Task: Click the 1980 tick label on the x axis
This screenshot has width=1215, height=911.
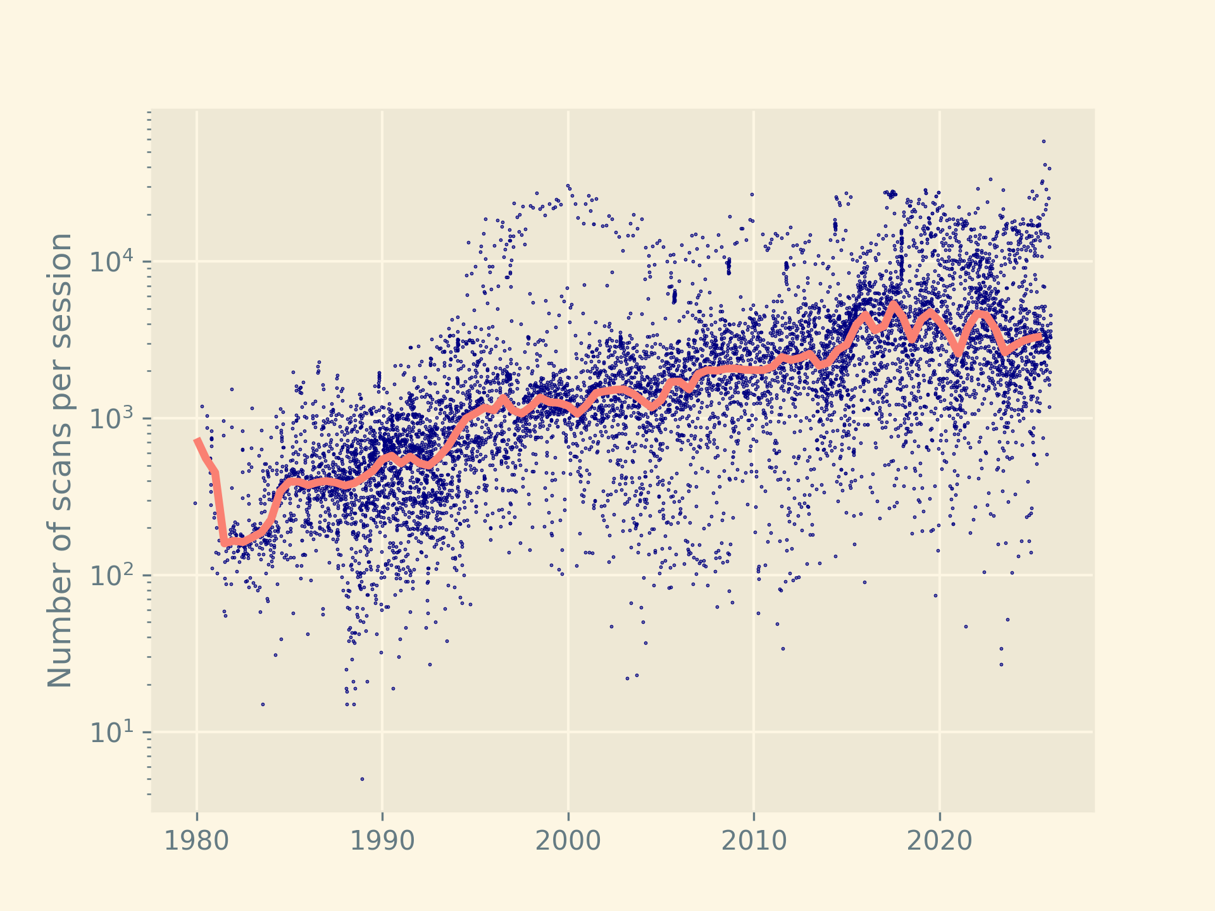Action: pyautogui.click(x=196, y=841)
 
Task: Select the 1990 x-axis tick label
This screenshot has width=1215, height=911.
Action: pyautogui.click(x=382, y=841)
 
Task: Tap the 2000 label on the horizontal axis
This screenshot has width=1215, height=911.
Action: pyautogui.click(x=568, y=841)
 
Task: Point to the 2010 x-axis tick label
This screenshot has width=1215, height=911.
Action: pyautogui.click(x=754, y=841)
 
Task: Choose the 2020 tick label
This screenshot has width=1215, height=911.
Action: pyautogui.click(x=939, y=841)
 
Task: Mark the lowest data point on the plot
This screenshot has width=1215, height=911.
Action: pyautogui.click(x=362, y=779)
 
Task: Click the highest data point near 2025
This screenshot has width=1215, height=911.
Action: pyautogui.click(x=1044, y=141)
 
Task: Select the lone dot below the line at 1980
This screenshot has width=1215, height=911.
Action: pyautogui.click(x=195, y=503)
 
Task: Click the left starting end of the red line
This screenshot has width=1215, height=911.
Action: pyautogui.click(x=197, y=439)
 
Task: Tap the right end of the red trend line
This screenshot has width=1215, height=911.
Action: pyautogui.click(x=1042, y=337)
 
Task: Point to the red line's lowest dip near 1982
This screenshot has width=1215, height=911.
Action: pyautogui.click(x=225, y=543)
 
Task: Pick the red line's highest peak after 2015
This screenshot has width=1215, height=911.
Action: pyautogui.click(x=894, y=304)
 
